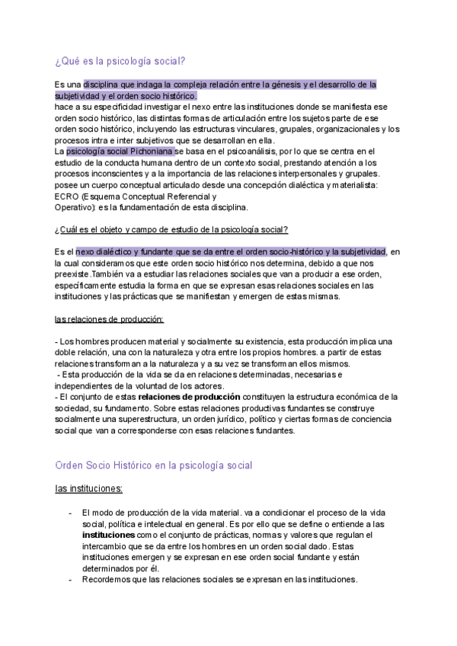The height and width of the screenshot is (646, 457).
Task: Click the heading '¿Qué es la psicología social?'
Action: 120,61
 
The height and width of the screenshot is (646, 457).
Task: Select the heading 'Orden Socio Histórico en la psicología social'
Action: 154,465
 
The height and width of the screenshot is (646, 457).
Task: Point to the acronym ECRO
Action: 66,195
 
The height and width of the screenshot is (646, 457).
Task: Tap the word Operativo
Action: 74,206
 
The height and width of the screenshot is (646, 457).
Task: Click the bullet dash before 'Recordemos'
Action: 70,580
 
